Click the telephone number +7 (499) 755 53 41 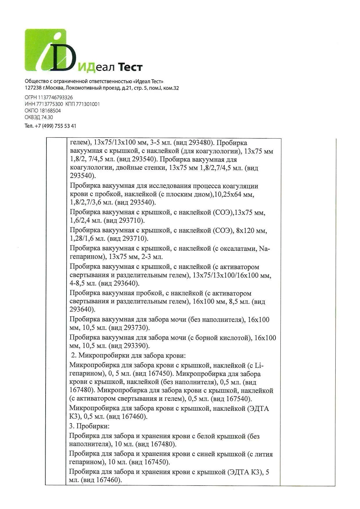coord(55,126)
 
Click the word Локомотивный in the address coord(81,88)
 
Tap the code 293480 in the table coord(200,143)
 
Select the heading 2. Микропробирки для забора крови coord(128,355)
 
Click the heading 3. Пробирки coord(89,426)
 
